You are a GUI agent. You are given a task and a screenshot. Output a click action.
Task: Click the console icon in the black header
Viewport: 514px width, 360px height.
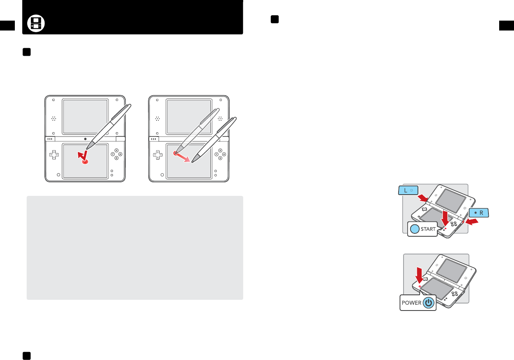(x=36, y=24)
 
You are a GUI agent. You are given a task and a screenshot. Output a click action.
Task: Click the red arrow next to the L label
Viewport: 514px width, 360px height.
(x=424, y=198)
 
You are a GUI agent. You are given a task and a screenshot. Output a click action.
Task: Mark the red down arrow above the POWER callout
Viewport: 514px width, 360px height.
(x=419, y=276)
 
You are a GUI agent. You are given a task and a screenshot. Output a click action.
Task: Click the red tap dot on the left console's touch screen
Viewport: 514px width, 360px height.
(x=85, y=162)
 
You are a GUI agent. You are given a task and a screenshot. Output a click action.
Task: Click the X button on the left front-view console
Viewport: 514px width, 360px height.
(x=117, y=151)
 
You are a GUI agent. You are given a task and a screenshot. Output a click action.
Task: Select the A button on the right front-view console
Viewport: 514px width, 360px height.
(x=224, y=154)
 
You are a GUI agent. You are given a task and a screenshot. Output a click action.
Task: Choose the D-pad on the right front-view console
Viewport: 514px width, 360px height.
(x=157, y=155)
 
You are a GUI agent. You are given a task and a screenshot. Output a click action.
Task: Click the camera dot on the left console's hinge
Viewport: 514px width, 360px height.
(x=85, y=139)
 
